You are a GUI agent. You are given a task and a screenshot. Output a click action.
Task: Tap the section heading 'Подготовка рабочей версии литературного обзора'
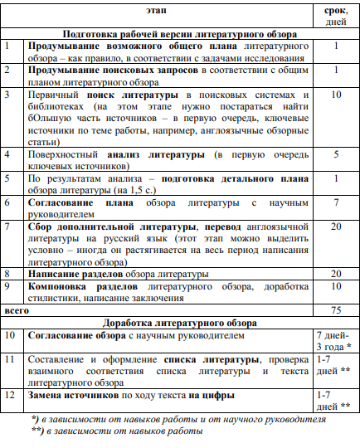click(178, 35)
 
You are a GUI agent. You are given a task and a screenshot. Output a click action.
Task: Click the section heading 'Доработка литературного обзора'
click(178, 322)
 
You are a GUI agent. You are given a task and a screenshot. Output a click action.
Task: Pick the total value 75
click(335, 309)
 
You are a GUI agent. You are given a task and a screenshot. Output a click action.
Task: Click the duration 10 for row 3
click(335, 95)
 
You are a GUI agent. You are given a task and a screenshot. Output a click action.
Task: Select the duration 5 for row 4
click(335, 154)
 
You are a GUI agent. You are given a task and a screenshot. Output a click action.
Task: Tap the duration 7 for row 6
click(335, 202)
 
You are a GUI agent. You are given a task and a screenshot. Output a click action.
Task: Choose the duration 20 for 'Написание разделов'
click(335, 273)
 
